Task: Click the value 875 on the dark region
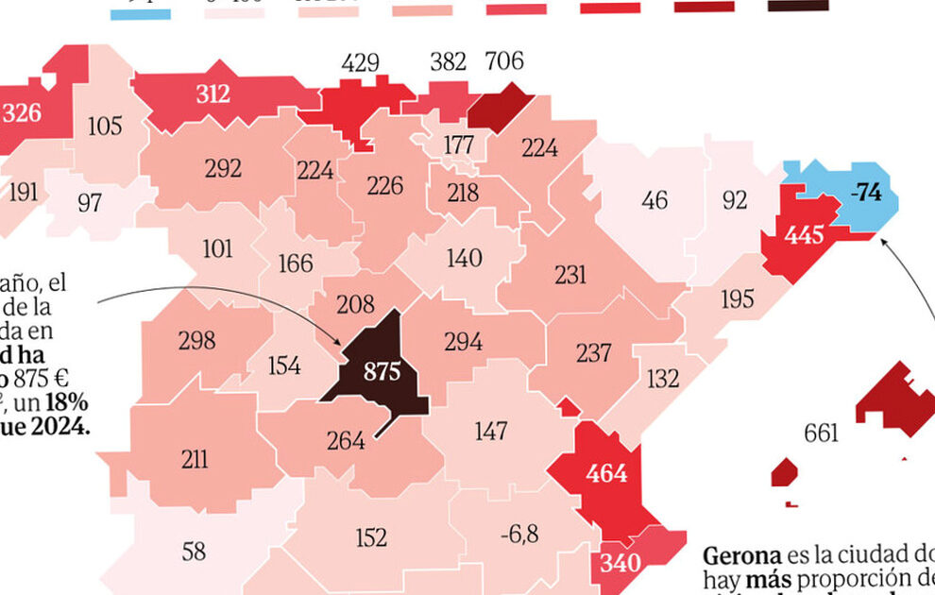[382, 371]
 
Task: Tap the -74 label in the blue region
[865, 193]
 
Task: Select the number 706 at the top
[503, 63]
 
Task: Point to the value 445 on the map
[804, 235]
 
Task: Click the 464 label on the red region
[606, 472]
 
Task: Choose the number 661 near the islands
[821, 433]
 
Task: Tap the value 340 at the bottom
[620, 564]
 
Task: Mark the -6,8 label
[518, 535]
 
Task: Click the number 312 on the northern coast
[212, 93]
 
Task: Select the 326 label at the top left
[22, 112]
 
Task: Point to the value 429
[361, 63]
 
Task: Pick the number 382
[448, 62]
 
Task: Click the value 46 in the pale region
[654, 200]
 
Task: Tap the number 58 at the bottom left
[194, 552]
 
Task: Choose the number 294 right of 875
[463, 342]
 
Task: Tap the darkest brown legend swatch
[798, 6]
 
